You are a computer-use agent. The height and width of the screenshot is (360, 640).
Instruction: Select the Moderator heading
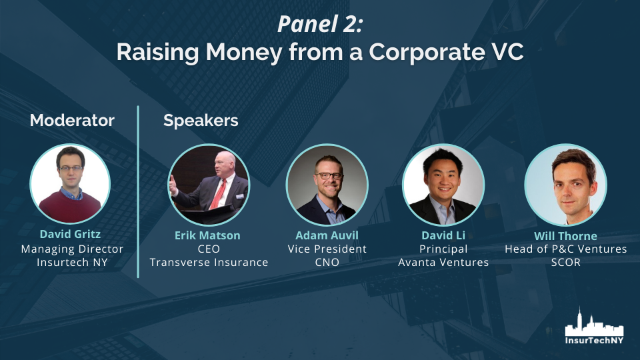(x=72, y=121)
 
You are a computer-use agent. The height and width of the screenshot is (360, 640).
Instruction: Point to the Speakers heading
(x=201, y=121)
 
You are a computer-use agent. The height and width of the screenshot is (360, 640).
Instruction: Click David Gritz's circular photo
(x=70, y=184)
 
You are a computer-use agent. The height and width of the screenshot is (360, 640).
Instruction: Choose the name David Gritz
(x=70, y=234)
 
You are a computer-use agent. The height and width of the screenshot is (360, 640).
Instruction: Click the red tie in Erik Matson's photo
(x=219, y=194)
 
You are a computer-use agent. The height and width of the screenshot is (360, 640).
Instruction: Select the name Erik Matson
(x=207, y=235)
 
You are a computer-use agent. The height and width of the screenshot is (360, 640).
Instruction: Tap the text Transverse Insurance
(x=209, y=262)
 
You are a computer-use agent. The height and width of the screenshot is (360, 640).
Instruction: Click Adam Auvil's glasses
(x=329, y=175)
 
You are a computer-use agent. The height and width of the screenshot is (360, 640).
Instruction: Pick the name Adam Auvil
(x=327, y=235)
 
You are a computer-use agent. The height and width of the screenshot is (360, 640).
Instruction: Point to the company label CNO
(x=327, y=262)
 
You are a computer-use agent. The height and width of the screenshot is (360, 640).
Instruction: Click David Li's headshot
(x=443, y=185)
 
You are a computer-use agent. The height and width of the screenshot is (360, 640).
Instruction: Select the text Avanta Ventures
(x=443, y=262)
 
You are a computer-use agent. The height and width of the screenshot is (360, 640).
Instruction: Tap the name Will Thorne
(x=565, y=236)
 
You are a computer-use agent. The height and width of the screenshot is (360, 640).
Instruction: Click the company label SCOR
(x=566, y=262)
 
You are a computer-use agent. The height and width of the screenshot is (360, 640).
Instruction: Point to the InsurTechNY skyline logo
(x=594, y=326)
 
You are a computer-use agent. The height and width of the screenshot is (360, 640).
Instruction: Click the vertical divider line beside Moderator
(x=138, y=192)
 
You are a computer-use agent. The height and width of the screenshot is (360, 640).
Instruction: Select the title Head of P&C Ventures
(x=566, y=249)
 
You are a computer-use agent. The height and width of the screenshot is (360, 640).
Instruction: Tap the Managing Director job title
(x=72, y=249)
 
